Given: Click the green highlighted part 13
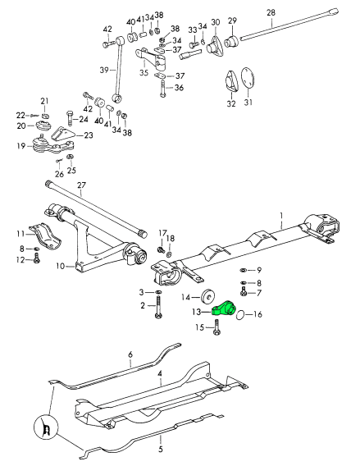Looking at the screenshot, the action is [224, 308].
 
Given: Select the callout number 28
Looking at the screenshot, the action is [271, 12].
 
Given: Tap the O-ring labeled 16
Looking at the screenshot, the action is [241, 315].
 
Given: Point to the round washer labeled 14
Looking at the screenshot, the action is [209, 296].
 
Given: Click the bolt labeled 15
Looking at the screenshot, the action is [216, 327].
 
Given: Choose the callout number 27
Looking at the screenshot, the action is [81, 185].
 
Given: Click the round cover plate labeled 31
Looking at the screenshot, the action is [248, 77].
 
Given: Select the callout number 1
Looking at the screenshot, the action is [281, 215].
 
